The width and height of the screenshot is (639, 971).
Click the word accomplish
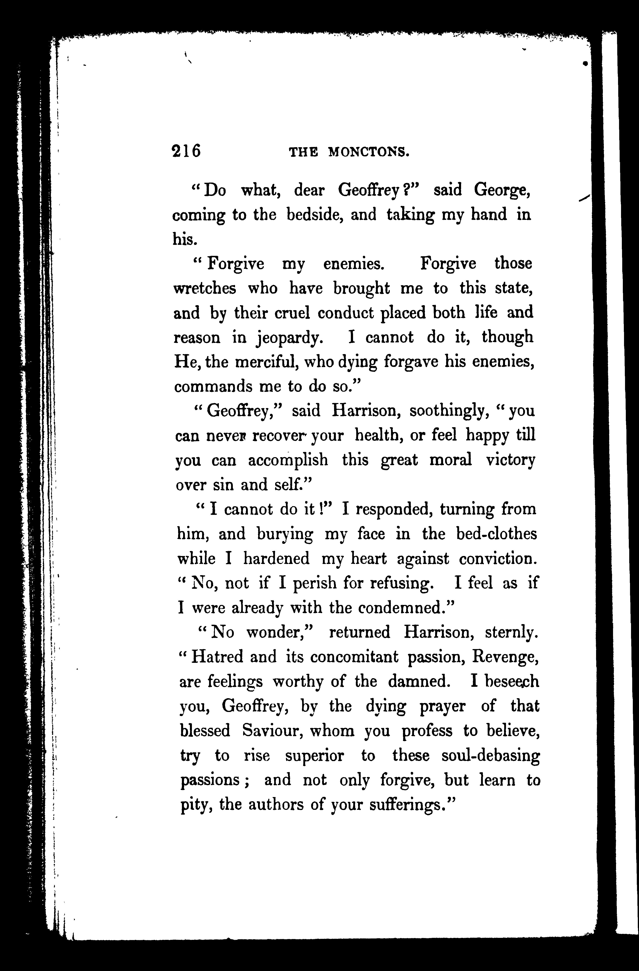[288, 460]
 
